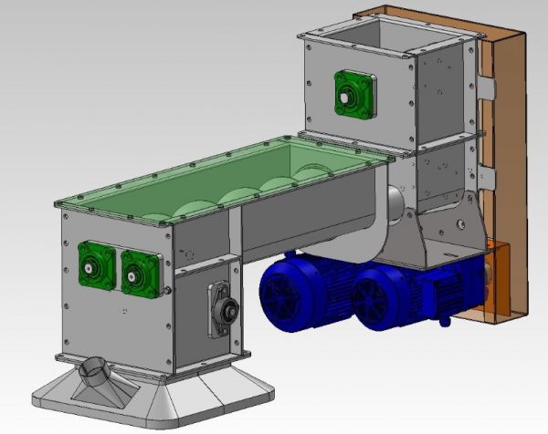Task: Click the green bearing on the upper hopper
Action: [x=353, y=94]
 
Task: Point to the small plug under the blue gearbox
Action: [x=445, y=321]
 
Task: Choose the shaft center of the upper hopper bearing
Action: [x=347, y=94]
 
